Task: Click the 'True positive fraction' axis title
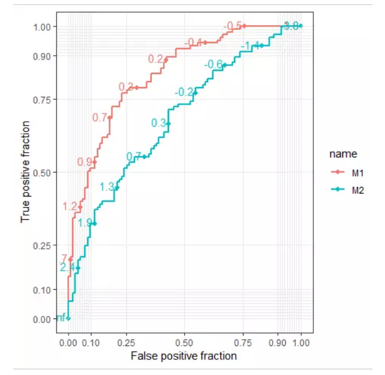[x=26, y=172]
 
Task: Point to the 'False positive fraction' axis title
[x=183, y=356]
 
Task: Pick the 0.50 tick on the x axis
[x=185, y=343]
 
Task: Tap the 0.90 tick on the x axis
[x=278, y=343]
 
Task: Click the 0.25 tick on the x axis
[x=126, y=343]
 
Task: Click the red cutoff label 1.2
[x=70, y=207]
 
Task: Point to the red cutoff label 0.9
[x=85, y=162]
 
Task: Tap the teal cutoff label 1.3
[x=107, y=187]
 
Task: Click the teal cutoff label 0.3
[x=159, y=123]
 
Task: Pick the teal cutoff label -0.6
[x=214, y=64]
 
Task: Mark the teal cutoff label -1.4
[x=250, y=46]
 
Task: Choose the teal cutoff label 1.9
[x=85, y=223]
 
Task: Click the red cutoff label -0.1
[x=194, y=42]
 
